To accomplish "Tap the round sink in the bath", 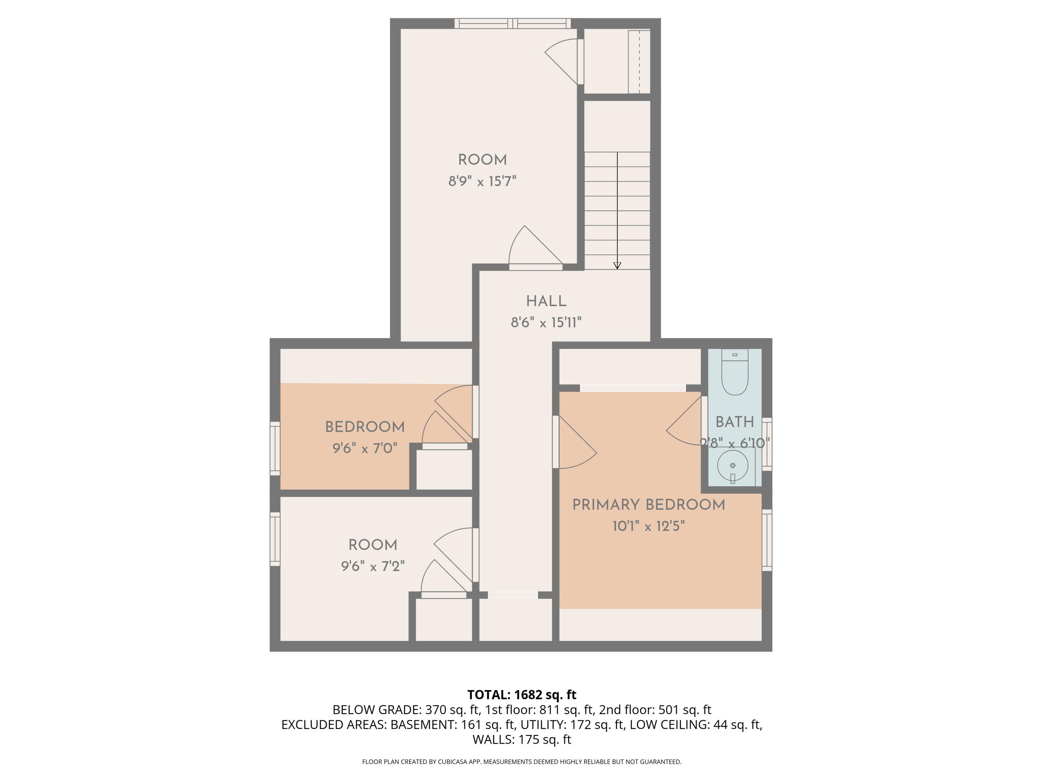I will tap(732, 465).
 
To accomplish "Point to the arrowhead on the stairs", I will tap(617, 266).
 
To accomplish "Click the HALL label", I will tap(546, 301).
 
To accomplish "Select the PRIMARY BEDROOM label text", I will tap(648, 505).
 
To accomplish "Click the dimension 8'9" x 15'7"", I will tap(482, 181).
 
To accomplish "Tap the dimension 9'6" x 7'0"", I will tap(365, 448).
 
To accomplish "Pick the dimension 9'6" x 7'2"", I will tap(373, 566).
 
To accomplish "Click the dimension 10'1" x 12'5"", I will tap(648, 526).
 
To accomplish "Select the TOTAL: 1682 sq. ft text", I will tap(522, 695).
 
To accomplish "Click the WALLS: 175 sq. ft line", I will tap(522, 739).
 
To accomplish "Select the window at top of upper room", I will tap(513, 24).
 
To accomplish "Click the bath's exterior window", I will tap(767, 444).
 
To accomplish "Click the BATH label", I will tap(734, 422).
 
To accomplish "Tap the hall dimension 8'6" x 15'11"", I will tap(546, 323).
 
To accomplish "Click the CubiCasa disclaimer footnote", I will tap(522, 762).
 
